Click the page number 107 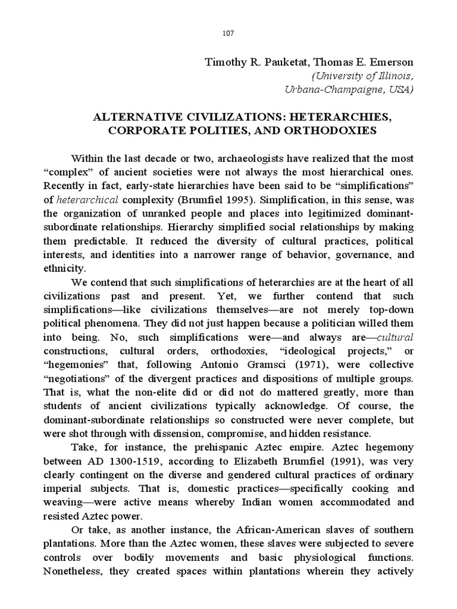228,33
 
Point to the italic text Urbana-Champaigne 331,90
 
